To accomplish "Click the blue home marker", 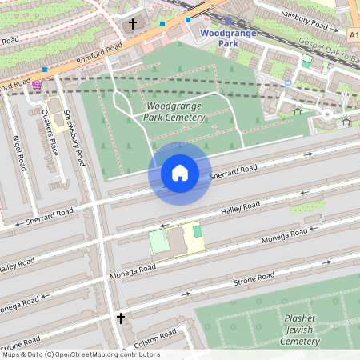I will [x=180, y=173].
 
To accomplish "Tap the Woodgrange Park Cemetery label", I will [x=176, y=112].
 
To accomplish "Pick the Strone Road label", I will [x=254, y=279].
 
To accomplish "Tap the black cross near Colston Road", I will [x=121, y=318].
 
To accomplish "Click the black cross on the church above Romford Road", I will [x=134, y=24].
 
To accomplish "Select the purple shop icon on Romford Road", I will [x=36, y=84].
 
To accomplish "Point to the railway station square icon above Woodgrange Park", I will [x=229, y=21].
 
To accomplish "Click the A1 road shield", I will [x=353, y=35].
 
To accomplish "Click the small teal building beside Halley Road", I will [x=198, y=231].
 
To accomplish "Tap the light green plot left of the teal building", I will [x=159, y=242].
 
